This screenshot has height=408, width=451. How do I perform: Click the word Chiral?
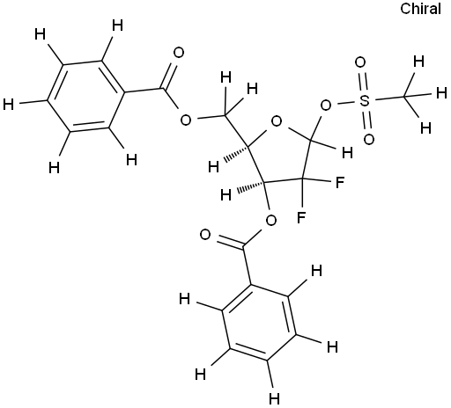click(420, 9)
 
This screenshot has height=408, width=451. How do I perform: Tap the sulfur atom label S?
click(364, 101)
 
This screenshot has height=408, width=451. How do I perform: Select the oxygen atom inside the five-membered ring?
click(277, 121)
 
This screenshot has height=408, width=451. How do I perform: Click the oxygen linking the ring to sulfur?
click(326, 106)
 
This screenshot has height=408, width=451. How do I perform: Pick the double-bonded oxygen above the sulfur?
click(360, 62)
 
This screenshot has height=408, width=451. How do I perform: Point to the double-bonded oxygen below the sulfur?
click(369, 139)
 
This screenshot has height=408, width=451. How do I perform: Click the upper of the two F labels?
click(340, 183)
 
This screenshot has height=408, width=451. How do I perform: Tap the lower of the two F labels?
click(301, 217)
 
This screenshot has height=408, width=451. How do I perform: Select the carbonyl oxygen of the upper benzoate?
click(178, 53)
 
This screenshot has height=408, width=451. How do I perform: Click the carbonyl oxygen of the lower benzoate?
click(205, 235)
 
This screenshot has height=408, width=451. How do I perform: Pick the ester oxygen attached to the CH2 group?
click(186, 120)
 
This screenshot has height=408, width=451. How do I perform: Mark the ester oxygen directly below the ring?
click(270, 220)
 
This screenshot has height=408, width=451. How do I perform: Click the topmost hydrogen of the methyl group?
click(418, 62)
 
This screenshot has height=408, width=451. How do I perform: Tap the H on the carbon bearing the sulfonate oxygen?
click(348, 153)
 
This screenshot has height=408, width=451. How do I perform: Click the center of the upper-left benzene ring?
click(85, 95)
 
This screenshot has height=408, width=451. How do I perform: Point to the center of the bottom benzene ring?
click(259, 322)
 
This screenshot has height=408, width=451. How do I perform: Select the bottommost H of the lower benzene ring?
click(275, 398)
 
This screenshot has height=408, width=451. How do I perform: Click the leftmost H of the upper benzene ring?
click(9, 105)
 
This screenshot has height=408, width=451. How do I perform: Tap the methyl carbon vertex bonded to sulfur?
click(404, 97)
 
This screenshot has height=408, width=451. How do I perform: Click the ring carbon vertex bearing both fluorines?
click(302, 178)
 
